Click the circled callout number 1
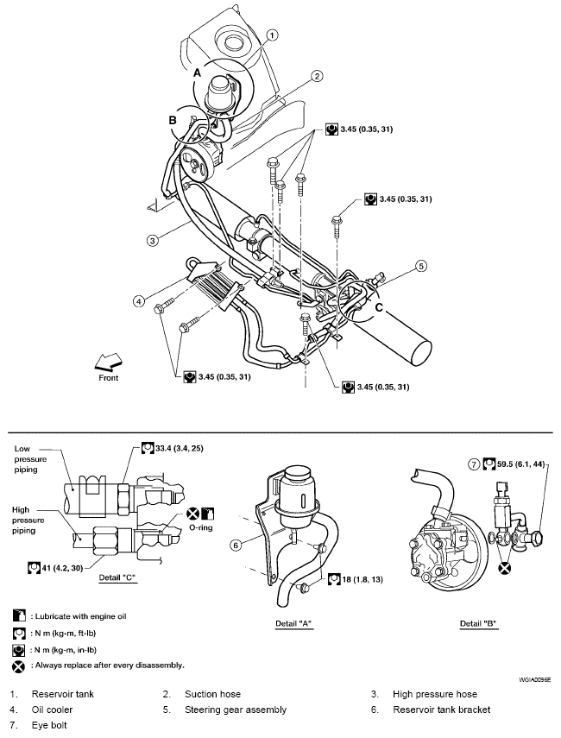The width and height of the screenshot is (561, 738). pyautogui.click(x=273, y=35)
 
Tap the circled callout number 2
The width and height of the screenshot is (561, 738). pyautogui.click(x=318, y=76)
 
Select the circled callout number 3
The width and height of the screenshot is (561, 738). pyautogui.click(x=152, y=241)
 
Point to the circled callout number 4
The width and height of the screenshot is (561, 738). pyautogui.click(x=138, y=300)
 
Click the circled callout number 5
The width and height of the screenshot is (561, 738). pyautogui.click(x=421, y=267)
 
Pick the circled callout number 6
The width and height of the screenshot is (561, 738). pyautogui.click(x=236, y=545)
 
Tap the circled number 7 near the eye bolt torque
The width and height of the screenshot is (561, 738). pyautogui.click(x=474, y=464)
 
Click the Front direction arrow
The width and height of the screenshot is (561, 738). pyautogui.click(x=108, y=362)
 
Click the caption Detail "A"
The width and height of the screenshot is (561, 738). pyautogui.click(x=293, y=623)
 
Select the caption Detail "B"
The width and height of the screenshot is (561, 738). pyautogui.click(x=479, y=623)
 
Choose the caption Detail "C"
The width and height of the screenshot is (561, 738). pyautogui.click(x=117, y=577)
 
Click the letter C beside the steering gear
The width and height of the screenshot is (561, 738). pyautogui.click(x=380, y=308)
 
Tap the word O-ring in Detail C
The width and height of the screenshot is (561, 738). pyautogui.click(x=201, y=527)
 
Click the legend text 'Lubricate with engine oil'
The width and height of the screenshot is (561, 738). pyautogui.click(x=81, y=616)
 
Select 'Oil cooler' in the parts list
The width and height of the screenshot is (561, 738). pyautogui.click(x=53, y=710)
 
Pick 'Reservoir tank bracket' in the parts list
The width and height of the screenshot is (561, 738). pyautogui.click(x=441, y=710)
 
